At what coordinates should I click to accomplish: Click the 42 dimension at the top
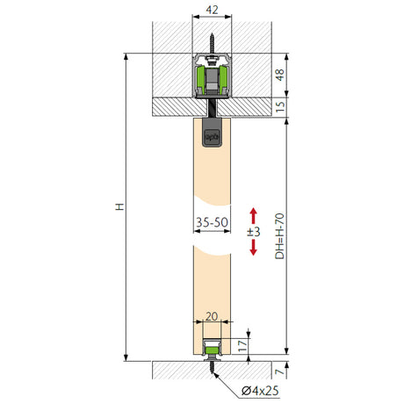(x=212, y=10)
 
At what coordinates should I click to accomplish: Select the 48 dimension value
(x=280, y=75)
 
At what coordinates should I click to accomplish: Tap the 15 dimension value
(x=280, y=106)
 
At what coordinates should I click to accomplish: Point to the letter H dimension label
(x=119, y=206)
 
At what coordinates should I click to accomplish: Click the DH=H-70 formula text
(x=280, y=236)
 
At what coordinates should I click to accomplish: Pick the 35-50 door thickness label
(x=212, y=222)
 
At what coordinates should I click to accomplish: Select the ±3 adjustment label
(x=254, y=232)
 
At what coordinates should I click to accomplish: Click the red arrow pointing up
(x=253, y=216)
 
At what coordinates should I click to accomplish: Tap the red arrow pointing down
(x=253, y=248)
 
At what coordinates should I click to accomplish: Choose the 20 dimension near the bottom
(x=212, y=316)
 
